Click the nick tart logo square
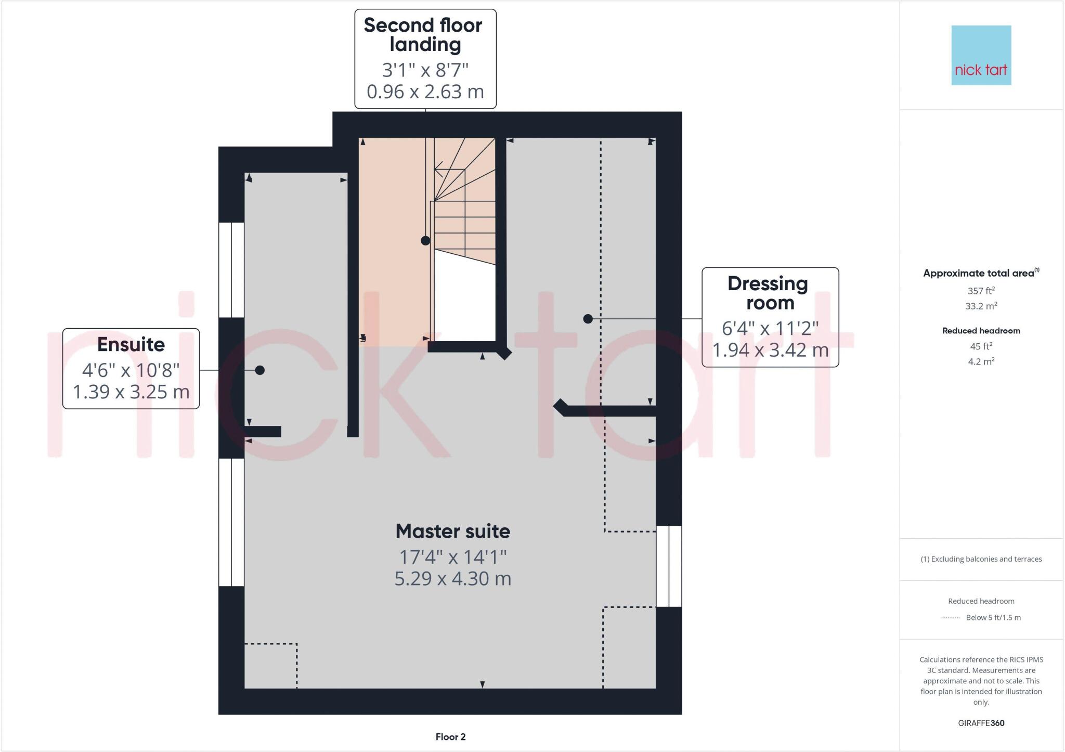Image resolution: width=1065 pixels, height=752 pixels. point(981,55)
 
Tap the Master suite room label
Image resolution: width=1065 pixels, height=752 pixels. point(452,531)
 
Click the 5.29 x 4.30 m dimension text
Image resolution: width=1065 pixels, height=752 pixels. point(452,578)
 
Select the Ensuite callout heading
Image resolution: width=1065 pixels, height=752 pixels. point(131,344)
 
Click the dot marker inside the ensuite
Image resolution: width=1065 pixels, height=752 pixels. point(260,370)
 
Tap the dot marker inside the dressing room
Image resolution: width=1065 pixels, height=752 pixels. point(588,319)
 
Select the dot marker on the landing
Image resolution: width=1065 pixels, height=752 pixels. point(425,241)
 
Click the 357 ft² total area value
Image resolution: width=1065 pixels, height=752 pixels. point(981,291)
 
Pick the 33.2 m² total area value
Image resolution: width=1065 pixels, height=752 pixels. point(981,306)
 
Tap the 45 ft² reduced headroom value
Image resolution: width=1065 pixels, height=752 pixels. point(981,346)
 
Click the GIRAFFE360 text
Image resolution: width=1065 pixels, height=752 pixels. point(981,723)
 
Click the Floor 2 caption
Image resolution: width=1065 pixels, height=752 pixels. point(450,737)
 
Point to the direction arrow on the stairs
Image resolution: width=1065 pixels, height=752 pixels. point(440,169)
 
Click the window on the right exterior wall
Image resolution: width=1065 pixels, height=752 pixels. point(669,566)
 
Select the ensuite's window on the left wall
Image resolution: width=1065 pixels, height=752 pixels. point(231,269)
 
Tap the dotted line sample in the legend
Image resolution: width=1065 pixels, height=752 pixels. point(951,618)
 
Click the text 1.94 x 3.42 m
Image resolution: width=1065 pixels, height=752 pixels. point(770,350)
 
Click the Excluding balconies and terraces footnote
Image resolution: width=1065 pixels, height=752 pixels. point(981,559)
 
